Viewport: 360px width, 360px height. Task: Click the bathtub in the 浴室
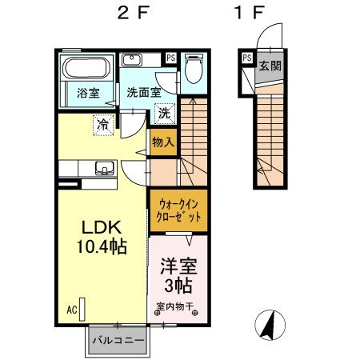(86, 67)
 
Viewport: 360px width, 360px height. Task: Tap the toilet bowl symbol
(194, 69)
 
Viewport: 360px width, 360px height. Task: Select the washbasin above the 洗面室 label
(131, 60)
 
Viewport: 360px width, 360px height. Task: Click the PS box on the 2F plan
(171, 58)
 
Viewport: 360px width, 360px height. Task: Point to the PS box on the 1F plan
(247, 58)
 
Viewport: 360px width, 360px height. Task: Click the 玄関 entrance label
(270, 66)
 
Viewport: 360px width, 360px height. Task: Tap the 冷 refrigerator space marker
(103, 125)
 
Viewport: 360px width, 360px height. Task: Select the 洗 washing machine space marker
(165, 114)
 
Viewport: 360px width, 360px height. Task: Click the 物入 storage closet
(163, 142)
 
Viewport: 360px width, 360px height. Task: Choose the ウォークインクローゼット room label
(178, 210)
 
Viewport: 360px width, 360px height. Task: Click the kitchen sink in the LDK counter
(106, 169)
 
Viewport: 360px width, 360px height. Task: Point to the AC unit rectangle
(82, 310)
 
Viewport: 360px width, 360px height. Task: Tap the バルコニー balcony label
(118, 341)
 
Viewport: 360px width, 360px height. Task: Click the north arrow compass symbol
(270, 325)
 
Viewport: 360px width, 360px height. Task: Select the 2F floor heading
(132, 13)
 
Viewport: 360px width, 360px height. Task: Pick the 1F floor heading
(249, 13)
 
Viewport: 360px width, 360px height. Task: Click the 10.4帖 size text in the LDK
(102, 246)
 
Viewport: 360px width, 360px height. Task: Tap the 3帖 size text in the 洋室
(178, 286)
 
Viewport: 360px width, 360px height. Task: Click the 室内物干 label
(175, 306)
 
